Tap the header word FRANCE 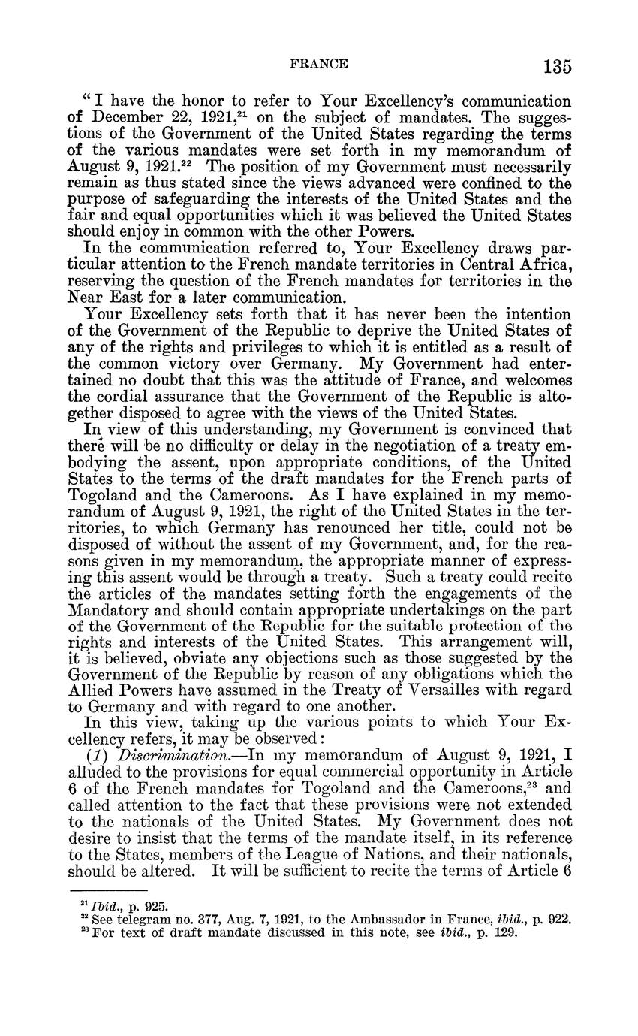click(318, 64)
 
